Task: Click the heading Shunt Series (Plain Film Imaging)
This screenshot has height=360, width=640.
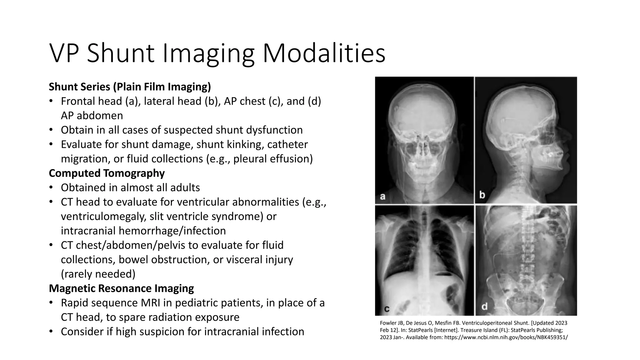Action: (x=130, y=87)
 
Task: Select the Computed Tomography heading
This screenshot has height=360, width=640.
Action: (x=107, y=173)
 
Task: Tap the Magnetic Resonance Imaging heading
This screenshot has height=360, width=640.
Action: (x=121, y=288)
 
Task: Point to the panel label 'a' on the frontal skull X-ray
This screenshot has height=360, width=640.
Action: (x=382, y=197)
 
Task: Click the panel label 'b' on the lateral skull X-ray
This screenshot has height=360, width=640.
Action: (x=482, y=196)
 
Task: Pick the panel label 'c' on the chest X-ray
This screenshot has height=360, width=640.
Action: (x=387, y=309)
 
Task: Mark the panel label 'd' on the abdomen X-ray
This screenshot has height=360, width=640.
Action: (x=484, y=307)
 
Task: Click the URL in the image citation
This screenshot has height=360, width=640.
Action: (x=506, y=337)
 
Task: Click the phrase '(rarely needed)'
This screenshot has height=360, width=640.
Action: (x=98, y=274)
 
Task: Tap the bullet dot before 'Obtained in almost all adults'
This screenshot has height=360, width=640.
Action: (x=51, y=187)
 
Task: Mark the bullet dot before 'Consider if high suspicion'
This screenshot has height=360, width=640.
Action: (x=51, y=332)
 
